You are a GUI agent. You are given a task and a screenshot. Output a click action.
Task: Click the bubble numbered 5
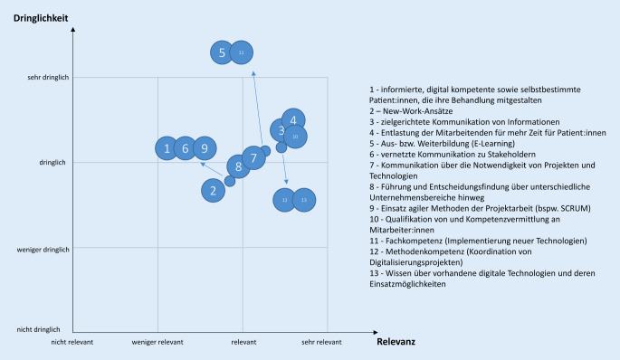[x=222, y=53]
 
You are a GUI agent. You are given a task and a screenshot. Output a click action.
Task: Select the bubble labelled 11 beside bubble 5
[x=241, y=53]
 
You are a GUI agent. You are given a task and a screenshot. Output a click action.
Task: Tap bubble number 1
[x=167, y=148]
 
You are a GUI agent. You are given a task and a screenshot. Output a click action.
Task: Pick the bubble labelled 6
[x=186, y=148]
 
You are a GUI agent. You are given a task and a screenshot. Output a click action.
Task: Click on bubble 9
[x=205, y=148]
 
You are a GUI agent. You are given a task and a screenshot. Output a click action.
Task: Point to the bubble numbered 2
[x=213, y=189]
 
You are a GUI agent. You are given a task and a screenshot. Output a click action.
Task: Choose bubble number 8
[x=238, y=166]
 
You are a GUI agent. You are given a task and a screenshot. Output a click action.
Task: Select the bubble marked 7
[x=254, y=158]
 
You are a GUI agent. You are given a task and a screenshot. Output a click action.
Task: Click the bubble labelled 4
[x=293, y=119]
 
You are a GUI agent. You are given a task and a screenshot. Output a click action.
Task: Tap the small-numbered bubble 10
[x=295, y=137]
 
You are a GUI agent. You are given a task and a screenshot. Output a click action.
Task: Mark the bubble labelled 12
[x=284, y=199]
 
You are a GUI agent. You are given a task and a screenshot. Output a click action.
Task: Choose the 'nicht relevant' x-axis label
[x=72, y=342]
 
